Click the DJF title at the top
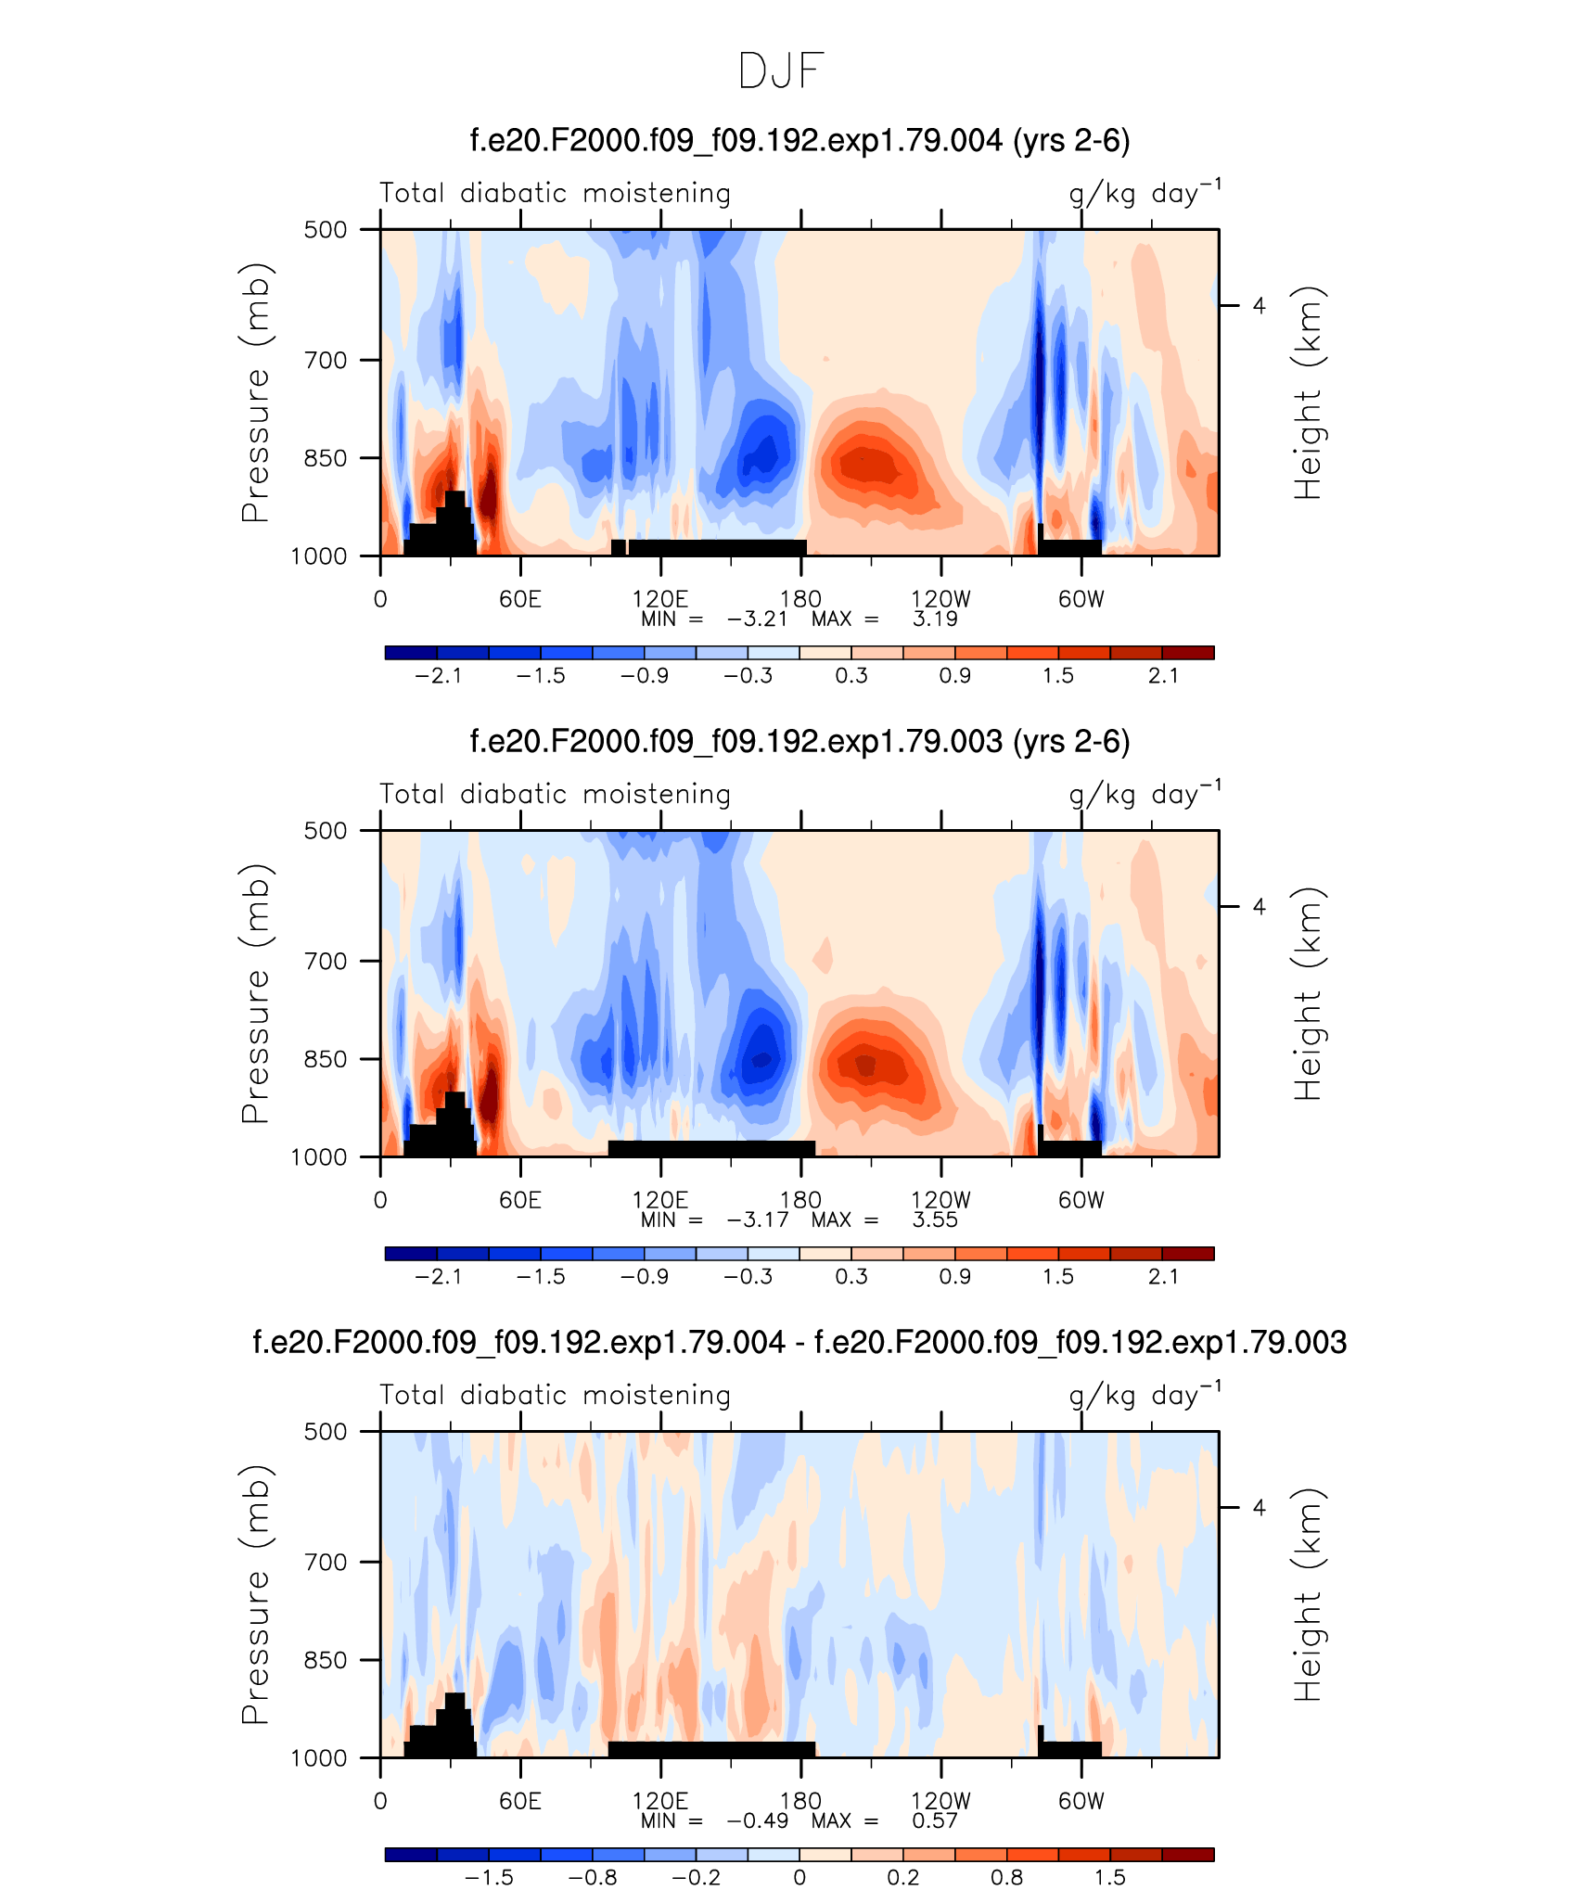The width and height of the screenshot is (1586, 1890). pyautogui.click(x=781, y=71)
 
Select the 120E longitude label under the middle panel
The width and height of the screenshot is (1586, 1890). pyautogui.click(x=659, y=1200)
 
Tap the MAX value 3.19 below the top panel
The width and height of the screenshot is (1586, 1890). pyautogui.click(x=934, y=619)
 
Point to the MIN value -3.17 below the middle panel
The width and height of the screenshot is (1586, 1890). pyautogui.click(x=757, y=1220)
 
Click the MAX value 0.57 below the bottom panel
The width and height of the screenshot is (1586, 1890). pyautogui.click(x=934, y=1821)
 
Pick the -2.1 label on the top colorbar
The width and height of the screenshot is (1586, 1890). pyautogui.click(x=438, y=676)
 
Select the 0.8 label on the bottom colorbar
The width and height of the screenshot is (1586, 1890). pyautogui.click(x=1006, y=1878)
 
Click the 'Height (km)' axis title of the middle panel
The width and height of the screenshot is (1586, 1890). pyautogui.click(x=1308, y=994)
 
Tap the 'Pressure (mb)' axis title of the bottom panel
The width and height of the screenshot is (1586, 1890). pyautogui.click(x=255, y=1595)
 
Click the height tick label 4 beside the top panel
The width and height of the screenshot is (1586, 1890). pyautogui.click(x=1259, y=305)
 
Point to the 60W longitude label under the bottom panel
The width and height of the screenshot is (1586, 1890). pyautogui.click(x=1081, y=1801)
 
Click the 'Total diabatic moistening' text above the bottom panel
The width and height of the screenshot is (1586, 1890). pyautogui.click(x=556, y=1395)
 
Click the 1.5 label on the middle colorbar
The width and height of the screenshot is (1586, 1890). pyautogui.click(x=1058, y=1277)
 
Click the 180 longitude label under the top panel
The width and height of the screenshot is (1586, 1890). pyautogui.click(x=800, y=599)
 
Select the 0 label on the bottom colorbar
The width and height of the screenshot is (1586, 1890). pyautogui.click(x=799, y=1878)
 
